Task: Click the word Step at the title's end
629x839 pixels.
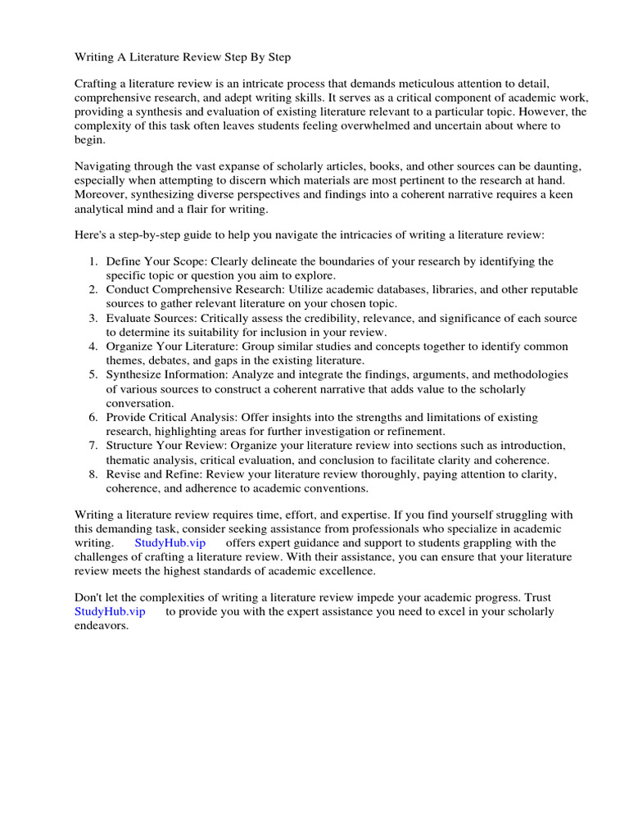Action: click(277, 57)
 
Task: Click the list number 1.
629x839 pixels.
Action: click(93, 261)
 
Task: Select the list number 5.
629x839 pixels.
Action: click(93, 374)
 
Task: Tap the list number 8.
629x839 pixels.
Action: click(93, 474)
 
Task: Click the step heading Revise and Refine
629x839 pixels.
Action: click(153, 474)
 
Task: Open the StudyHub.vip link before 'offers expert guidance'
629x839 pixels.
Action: click(170, 542)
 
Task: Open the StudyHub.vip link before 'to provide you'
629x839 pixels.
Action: click(110, 612)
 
